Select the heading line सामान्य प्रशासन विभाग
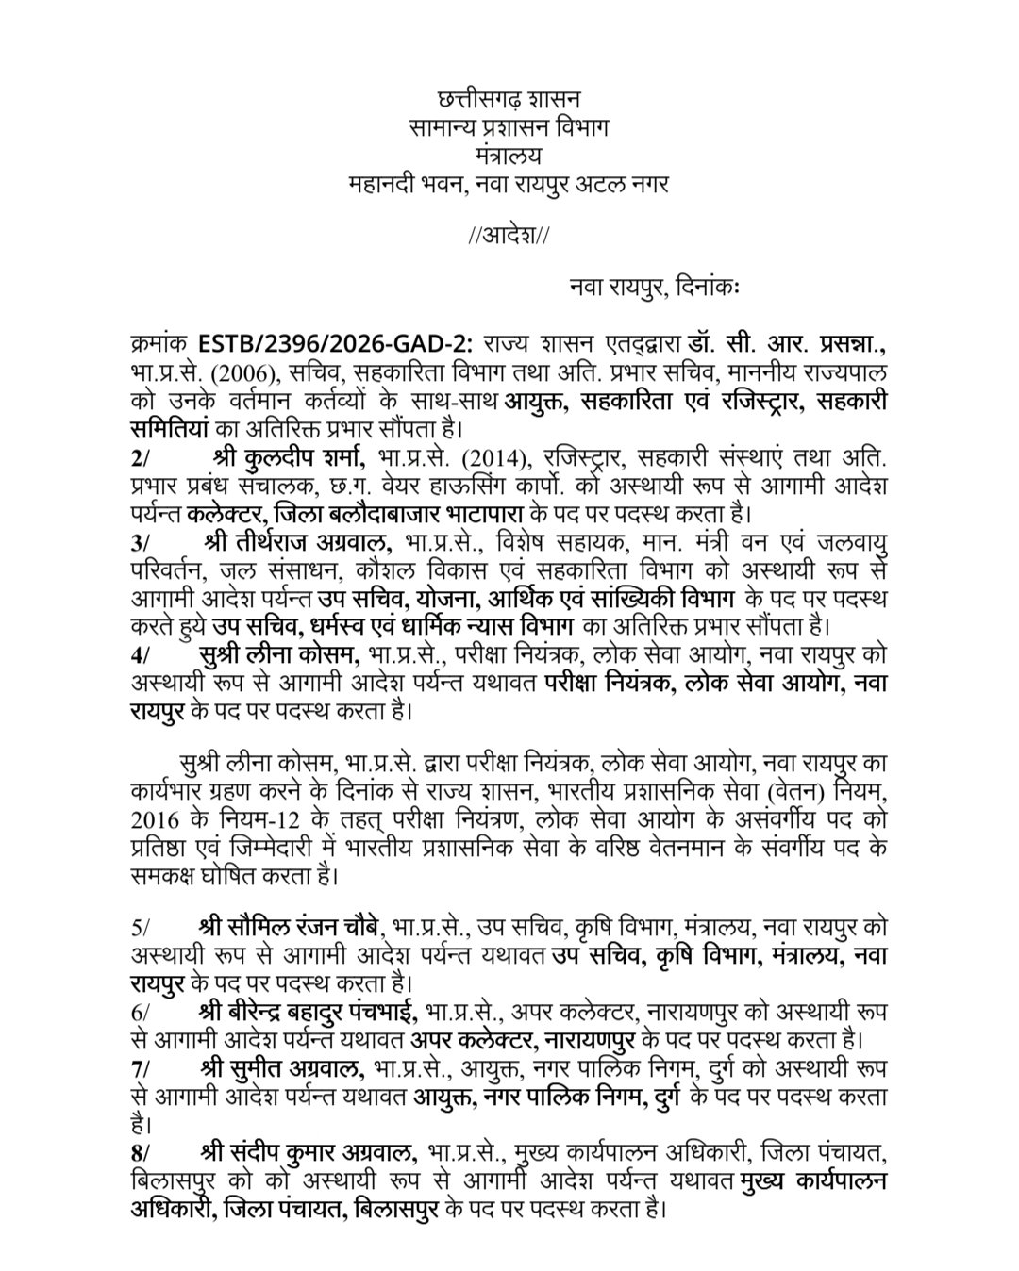pyautogui.click(x=509, y=126)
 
